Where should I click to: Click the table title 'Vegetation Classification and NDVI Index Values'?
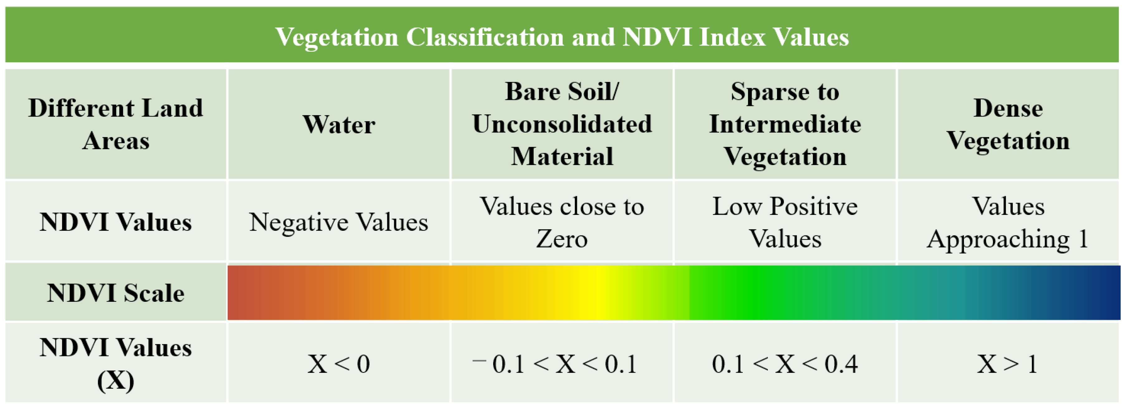pyautogui.click(x=562, y=37)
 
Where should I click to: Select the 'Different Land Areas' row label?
pyautogui.click(x=116, y=124)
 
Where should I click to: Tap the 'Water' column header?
pyautogui.click(x=339, y=124)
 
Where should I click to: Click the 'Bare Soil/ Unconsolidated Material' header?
pyautogui.click(x=562, y=124)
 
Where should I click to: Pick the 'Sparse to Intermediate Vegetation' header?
pyautogui.click(x=785, y=124)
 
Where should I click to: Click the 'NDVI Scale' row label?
pyautogui.click(x=116, y=292)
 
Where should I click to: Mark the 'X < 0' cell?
pyautogui.click(x=339, y=363)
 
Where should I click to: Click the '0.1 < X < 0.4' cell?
pyautogui.click(x=785, y=363)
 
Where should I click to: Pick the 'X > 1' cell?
pyautogui.click(x=1008, y=363)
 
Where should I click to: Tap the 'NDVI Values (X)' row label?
pyautogui.click(x=116, y=363)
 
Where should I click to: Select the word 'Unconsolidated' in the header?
pyautogui.click(x=562, y=124)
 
